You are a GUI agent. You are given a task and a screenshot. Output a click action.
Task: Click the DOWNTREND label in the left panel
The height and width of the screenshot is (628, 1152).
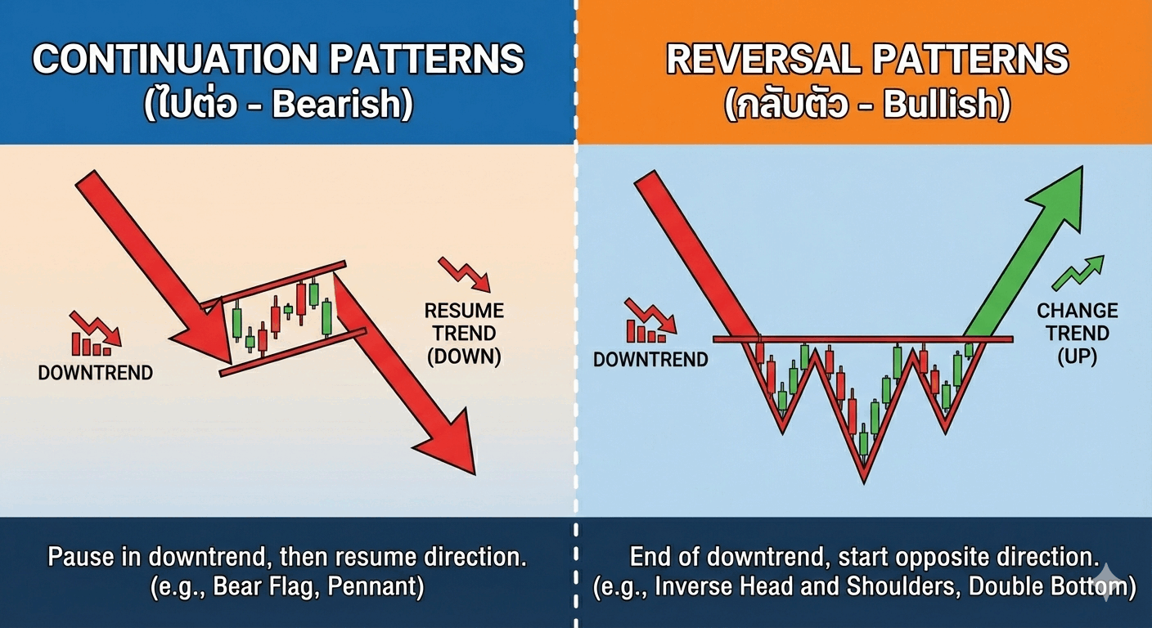pos(95,373)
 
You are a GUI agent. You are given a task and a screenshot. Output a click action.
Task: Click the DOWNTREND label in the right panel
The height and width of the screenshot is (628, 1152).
pos(650,360)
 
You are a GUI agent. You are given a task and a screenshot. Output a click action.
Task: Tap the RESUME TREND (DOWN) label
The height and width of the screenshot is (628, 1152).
pos(464,334)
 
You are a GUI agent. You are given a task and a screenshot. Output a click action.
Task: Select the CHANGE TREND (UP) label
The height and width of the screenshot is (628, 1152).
pos(1077,334)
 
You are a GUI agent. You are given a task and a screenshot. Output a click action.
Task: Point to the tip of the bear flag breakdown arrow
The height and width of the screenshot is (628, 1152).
pos(475,473)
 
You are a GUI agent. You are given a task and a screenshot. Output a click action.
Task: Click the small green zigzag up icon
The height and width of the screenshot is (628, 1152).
pos(1078,272)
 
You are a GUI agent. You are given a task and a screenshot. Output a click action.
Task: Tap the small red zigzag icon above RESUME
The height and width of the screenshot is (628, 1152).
pos(465,275)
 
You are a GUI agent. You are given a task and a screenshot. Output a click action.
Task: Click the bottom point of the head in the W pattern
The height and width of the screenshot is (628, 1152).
pos(864,482)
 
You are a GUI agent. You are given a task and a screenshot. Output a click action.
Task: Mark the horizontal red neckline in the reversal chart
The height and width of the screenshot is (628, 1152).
pos(863,339)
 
